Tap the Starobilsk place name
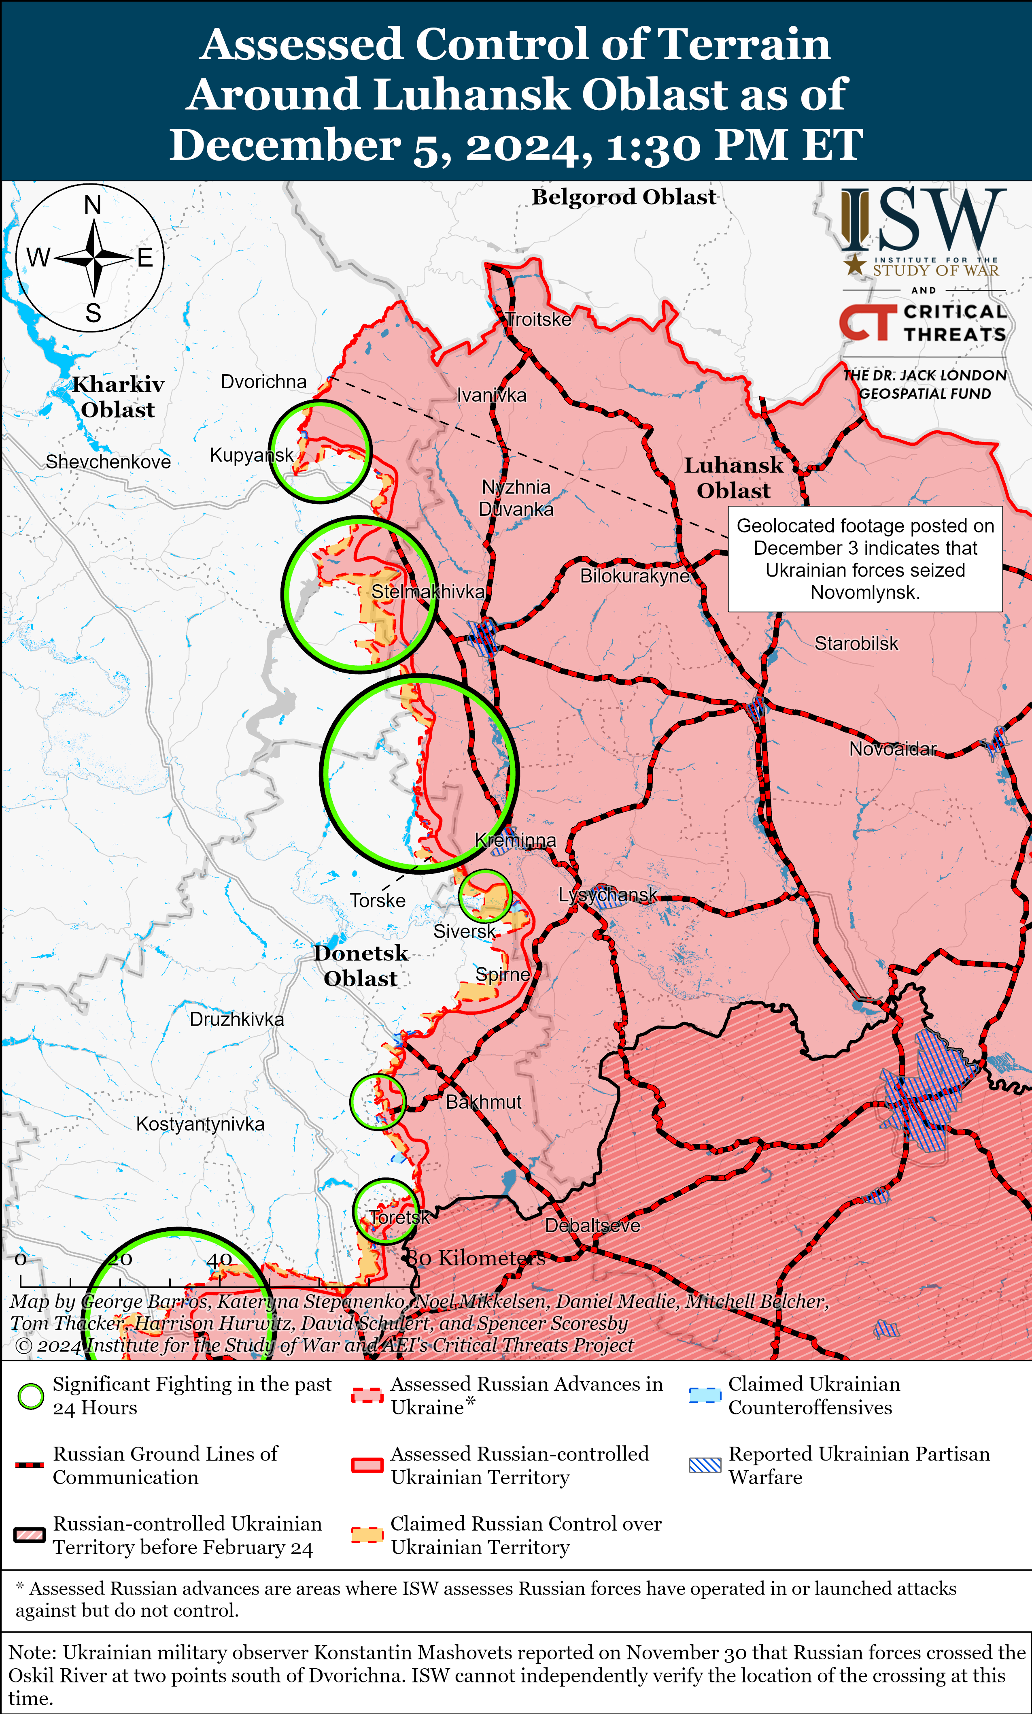pos(856,643)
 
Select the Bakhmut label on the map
pos(483,1102)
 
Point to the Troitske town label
pos(539,319)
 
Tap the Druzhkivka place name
pos(236,1019)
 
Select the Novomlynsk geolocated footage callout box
pos(865,559)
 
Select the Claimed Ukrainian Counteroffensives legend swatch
pos(705,1395)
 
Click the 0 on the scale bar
pos(21,1259)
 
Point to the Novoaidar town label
pos(893,749)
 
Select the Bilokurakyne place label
pos(634,575)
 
